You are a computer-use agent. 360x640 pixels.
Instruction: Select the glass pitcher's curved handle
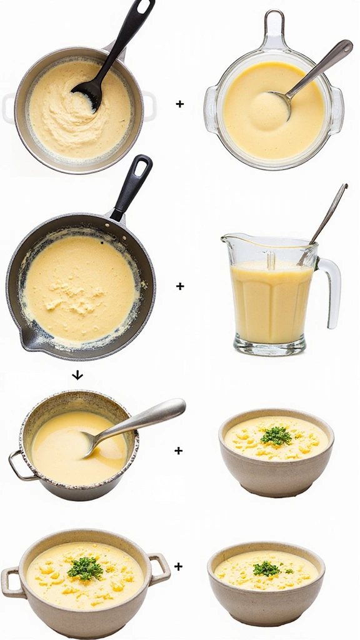point(331,291)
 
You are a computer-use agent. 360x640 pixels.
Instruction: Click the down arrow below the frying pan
point(77,375)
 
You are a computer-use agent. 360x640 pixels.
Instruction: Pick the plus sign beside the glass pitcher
point(180,286)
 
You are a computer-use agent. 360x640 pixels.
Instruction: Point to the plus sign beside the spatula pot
point(180,104)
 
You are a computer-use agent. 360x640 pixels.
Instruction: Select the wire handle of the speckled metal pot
point(18,466)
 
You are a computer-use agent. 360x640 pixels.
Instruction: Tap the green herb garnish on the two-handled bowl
point(85,568)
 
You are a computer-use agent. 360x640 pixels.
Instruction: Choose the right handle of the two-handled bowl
point(159,568)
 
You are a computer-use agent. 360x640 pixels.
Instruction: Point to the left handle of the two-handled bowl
point(11,581)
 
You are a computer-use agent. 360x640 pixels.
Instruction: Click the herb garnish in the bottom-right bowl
point(266,569)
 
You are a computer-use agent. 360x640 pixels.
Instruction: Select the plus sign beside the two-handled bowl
point(179,566)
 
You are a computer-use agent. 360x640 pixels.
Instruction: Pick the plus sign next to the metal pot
point(178,450)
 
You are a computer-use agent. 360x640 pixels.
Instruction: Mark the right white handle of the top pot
point(148,105)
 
